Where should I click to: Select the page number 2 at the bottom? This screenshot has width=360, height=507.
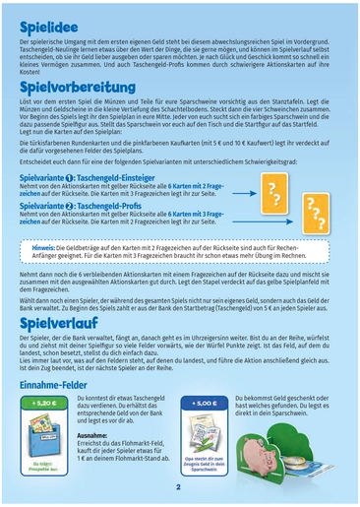179,485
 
